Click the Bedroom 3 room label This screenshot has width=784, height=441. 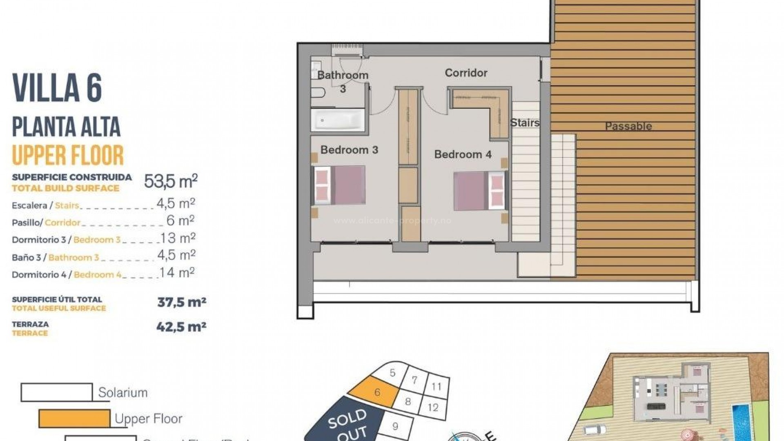click(349, 150)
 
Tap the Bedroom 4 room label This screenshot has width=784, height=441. click(463, 154)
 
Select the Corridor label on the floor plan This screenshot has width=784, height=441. click(466, 73)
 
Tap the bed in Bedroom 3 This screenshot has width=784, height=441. click(339, 185)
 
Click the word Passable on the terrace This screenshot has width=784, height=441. click(628, 126)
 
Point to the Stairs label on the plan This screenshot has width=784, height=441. click(525, 122)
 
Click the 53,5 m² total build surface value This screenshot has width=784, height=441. click(171, 181)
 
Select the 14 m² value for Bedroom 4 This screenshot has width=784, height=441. click(177, 272)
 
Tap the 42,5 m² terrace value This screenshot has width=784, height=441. click(181, 327)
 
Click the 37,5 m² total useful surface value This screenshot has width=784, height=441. click(181, 302)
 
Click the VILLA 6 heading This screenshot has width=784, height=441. click(57, 88)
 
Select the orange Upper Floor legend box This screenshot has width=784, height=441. click(74, 419)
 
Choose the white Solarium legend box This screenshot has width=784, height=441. click(56, 392)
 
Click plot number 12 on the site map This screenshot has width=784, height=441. click(433, 407)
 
